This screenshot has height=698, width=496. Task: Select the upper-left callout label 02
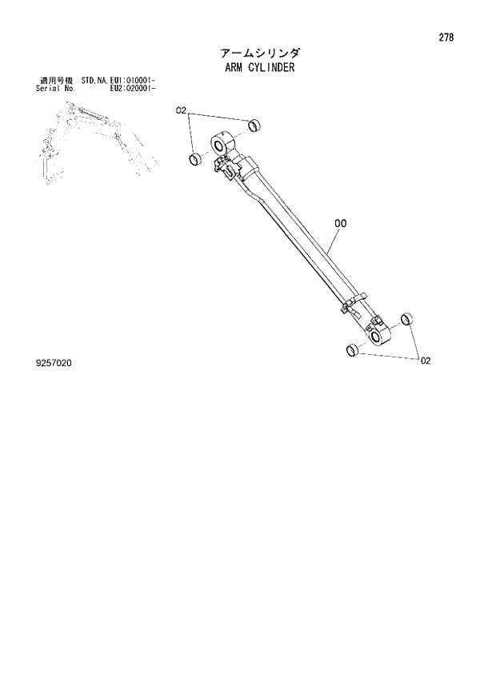point(181,110)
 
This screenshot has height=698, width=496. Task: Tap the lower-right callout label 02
point(426,361)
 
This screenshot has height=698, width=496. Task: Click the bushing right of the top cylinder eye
point(254,126)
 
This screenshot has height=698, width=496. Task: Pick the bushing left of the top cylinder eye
point(194,158)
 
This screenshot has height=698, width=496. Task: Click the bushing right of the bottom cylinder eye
point(406,319)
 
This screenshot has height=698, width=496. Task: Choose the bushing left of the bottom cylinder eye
point(350,349)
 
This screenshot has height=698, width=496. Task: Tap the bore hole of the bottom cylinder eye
point(375,339)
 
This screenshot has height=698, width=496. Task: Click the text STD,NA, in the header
point(94,81)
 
